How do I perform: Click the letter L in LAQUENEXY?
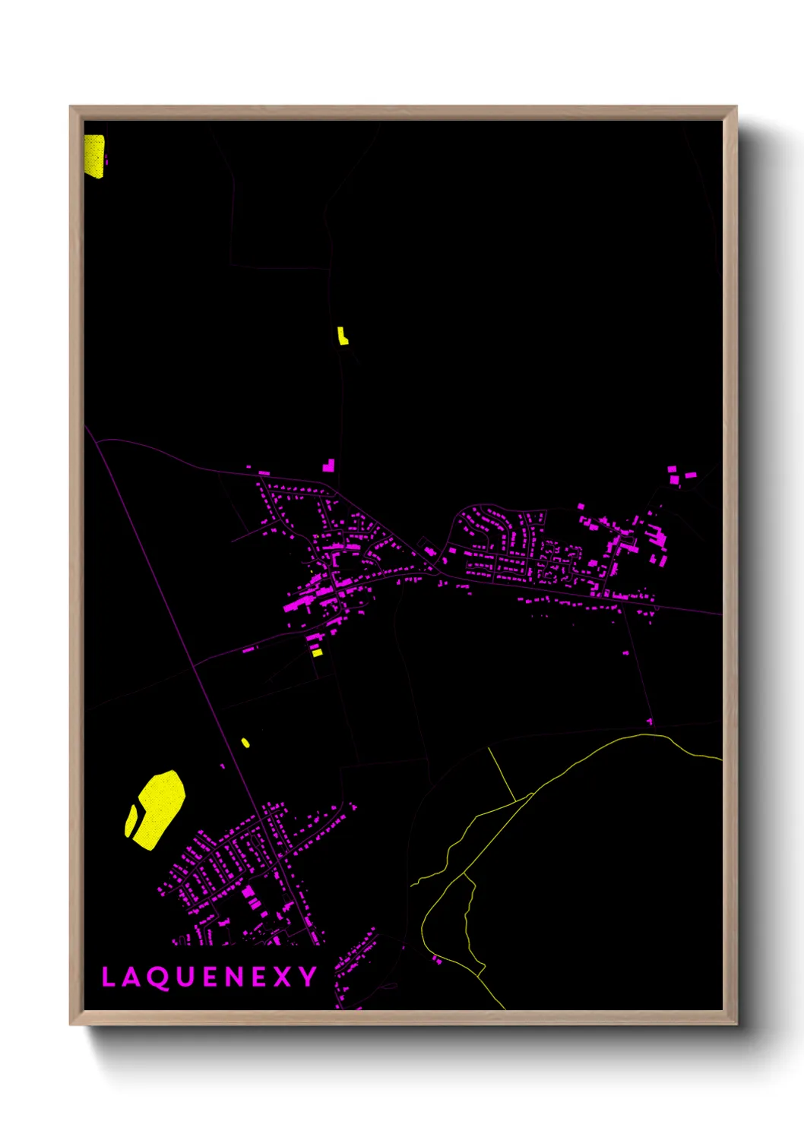(x=107, y=977)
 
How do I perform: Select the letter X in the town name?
(x=282, y=977)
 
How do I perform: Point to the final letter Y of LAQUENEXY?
(x=308, y=977)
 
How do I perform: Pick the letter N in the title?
(x=234, y=977)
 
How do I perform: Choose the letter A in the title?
(x=131, y=977)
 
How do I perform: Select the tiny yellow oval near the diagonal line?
(x=245, y=743)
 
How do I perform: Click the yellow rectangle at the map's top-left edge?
(x=93, y=156)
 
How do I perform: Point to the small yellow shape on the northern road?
(x=343, y=336)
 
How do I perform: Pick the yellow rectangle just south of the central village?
(x=317, y=652)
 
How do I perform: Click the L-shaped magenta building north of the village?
(x=329, y=466)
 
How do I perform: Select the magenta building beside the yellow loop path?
(x=437, y=960)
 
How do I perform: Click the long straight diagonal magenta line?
(x=190, y=653)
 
